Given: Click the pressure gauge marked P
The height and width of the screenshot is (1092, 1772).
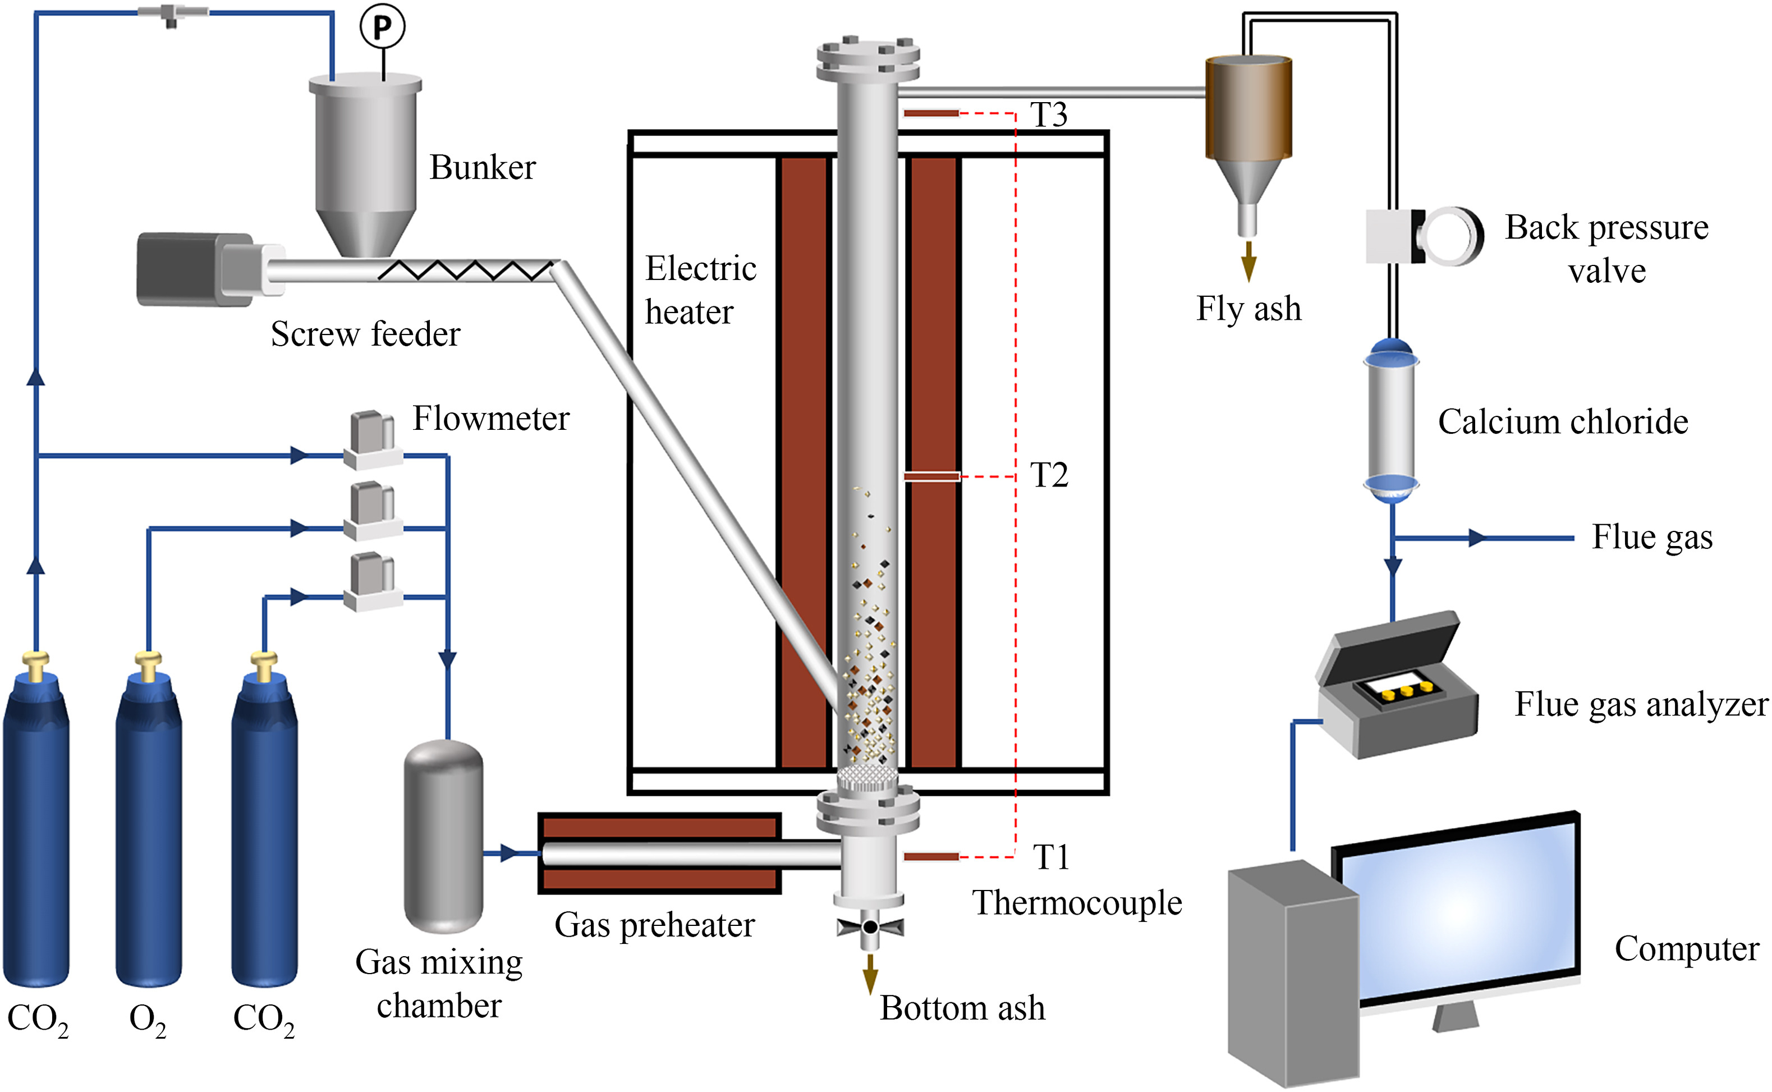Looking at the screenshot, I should point(382,27).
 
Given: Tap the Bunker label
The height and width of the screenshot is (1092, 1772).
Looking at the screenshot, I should point(483,168).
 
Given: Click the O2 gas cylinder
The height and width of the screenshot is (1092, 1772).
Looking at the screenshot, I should point(149,831).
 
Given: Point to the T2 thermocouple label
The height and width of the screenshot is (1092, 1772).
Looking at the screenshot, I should point(1049,475).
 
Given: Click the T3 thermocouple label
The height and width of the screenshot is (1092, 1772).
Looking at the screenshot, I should point(1049,114).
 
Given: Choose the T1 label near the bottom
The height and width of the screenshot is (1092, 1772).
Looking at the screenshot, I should point(1050,857).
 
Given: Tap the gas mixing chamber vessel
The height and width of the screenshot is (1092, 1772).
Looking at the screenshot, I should point(443,836).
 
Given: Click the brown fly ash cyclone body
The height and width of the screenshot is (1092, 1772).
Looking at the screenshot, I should point(1248,108).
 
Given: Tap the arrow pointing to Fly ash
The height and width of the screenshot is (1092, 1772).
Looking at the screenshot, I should point(1248,261).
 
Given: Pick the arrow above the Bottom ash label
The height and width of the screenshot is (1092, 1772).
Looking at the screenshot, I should point(870,974).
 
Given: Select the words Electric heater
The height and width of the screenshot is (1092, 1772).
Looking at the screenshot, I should point(700,290).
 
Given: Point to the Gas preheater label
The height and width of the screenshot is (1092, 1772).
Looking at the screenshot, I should point(654,925).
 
